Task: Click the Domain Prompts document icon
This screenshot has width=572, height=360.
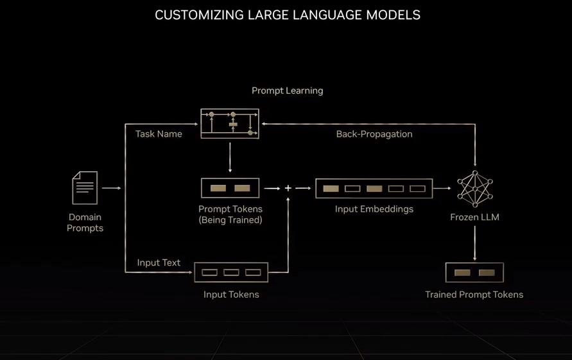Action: (x=85, y=187)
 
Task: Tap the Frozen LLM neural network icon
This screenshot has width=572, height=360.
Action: (x=474, y=188)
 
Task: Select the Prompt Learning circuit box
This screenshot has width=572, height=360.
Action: (x=230, y=123)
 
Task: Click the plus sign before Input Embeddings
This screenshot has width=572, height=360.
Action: (x=288, y=188)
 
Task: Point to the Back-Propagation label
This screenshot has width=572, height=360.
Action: (x=374, y=134)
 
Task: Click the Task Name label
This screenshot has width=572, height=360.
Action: (x=159, y=134)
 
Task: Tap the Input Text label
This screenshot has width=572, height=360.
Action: (x=159, y=262)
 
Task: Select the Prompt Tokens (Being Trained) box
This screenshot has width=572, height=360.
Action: (x=230, y=188)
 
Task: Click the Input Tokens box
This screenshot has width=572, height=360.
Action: (x=231, y=272)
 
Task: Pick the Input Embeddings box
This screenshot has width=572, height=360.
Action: (x=374, y=188)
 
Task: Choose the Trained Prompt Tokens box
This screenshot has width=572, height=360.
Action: (x=474, y=272)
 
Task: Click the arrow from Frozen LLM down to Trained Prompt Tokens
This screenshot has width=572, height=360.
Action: (x=474, y=244)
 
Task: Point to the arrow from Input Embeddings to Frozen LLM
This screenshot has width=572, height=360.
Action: (x=442, y=188)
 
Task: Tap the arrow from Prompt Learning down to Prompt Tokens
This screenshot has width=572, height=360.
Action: (x=230, y=157)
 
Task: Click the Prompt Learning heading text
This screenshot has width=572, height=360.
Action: (x=287, y=90)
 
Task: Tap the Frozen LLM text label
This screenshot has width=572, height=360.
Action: (x=474, y=217)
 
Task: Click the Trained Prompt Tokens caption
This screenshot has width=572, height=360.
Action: (x=474, y=295)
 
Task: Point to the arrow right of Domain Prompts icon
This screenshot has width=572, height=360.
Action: (x=111, y=188)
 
